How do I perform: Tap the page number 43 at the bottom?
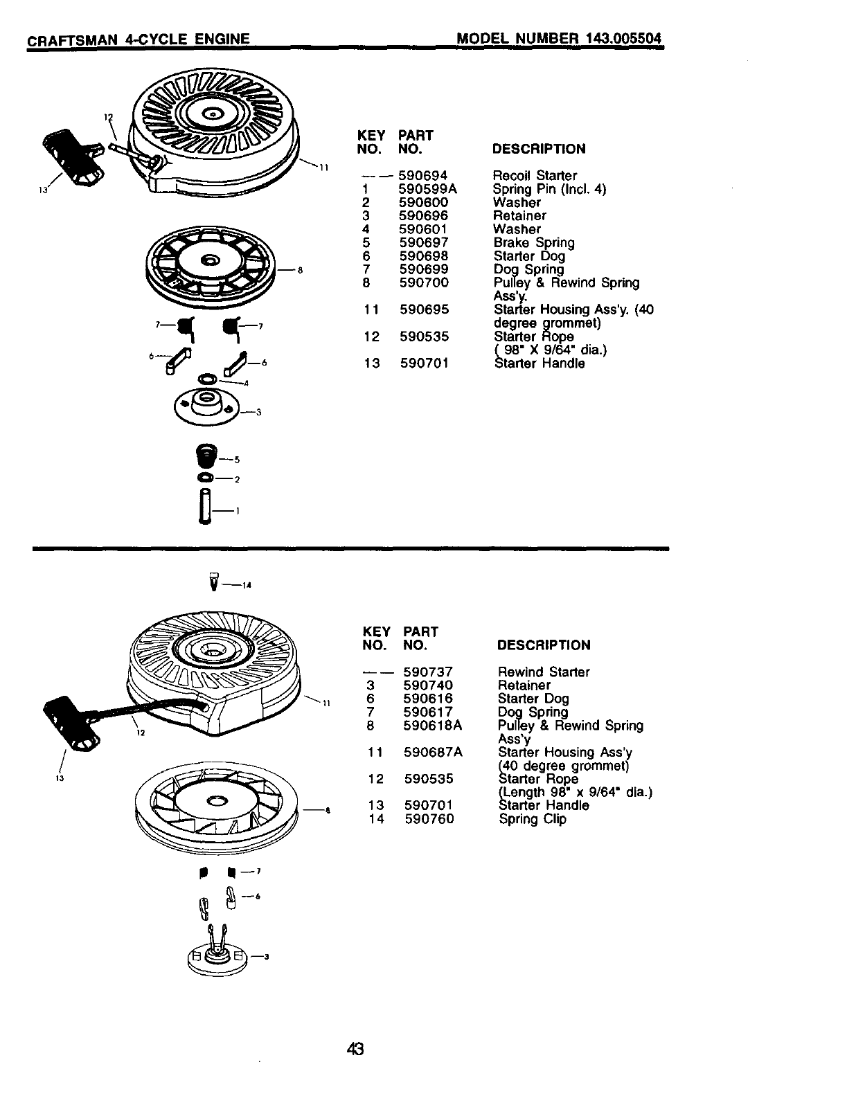[x=355, y=1049]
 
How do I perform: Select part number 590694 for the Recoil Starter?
[x=423, y=176]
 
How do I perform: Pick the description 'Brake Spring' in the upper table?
[x=533, y=243]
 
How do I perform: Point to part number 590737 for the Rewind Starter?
[x=428, y=672]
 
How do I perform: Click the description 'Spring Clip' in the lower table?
[x=532, y=819]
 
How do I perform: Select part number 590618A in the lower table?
[x=432, y=726]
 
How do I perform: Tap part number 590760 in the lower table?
[x=429, y=819]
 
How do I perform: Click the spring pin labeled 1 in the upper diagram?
[x=203, y=507]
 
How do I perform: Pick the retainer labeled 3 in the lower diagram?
[x=216, y=955]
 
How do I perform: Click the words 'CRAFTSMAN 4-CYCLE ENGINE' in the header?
[x=138, y=39]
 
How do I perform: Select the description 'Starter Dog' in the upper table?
[x=528, y=256]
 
